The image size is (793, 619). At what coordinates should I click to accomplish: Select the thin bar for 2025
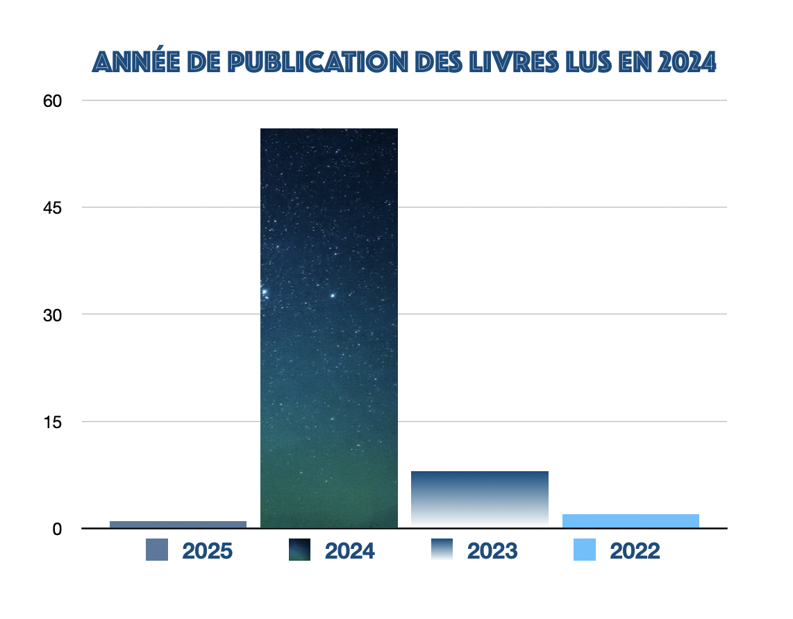(178, 524)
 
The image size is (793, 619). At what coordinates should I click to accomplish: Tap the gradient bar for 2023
(480, 499)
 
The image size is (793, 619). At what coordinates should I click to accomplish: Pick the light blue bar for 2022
(631, 520)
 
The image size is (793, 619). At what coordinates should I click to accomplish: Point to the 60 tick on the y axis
(53, 101)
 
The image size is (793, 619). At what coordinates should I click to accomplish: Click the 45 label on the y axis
(53, 207)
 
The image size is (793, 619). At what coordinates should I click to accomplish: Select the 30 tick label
(53, 314)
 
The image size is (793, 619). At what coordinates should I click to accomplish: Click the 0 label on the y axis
(58, 529)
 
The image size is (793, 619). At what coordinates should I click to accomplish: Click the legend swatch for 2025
(157, 550)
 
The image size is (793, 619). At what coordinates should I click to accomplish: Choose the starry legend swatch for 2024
(299, 550)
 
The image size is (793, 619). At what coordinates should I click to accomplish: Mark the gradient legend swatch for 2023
(442, 550)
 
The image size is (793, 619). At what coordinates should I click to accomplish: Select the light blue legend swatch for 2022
(585, 550)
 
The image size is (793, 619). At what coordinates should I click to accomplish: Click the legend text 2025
(207, 551)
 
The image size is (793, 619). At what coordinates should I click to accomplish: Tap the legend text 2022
(635, 551)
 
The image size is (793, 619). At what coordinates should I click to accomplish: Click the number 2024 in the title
(687, 62)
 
